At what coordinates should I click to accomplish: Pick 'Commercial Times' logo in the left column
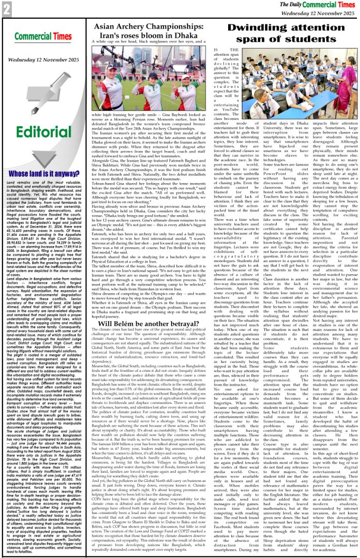[x=43, y=37]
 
